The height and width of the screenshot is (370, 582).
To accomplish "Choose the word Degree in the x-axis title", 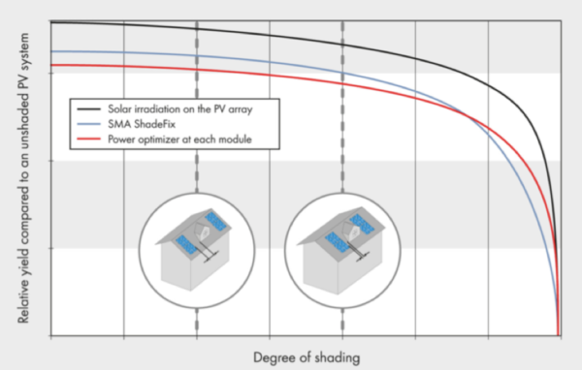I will pos(272,357).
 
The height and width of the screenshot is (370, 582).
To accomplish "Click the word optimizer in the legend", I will pos(166,140).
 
